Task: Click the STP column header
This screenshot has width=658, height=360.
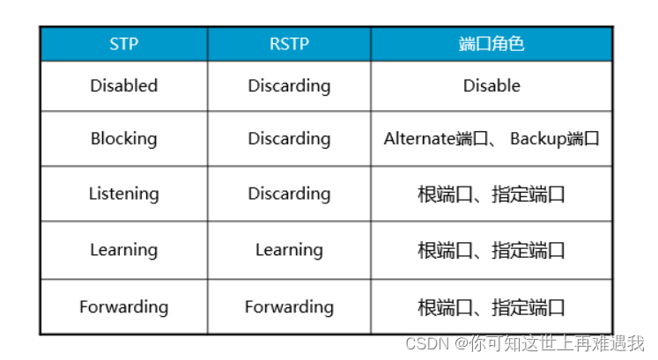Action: [x=123, y=43]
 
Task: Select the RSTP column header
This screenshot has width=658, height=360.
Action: [x=289, y=43]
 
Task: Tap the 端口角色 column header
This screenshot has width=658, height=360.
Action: [x=492, y=43]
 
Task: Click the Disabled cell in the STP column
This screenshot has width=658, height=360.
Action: [x=123, y=85]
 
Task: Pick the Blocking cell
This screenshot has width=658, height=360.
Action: [x=123, y=138]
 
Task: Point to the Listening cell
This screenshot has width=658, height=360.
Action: [x=123, y=194]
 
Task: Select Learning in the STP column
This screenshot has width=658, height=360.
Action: [x=123, y=250]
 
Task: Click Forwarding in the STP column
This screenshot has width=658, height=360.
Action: [x=123, y=306]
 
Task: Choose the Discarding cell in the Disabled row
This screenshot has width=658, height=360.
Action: [x=289, y=85]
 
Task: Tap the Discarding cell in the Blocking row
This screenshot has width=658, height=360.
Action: [x=289, y=138]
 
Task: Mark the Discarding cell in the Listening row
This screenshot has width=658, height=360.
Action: [x=289, y=194]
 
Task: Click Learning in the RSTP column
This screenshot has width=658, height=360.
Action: [x=289, y=250]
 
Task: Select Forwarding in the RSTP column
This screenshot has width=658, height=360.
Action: [x=289, y=306]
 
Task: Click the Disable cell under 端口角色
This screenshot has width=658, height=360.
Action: [x=492, y=85]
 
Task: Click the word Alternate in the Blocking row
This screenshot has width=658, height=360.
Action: [x=420, y=139]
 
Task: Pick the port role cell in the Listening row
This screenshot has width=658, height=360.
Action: [x=492, y=195]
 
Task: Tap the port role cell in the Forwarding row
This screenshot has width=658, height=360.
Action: [x=492, y=307]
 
